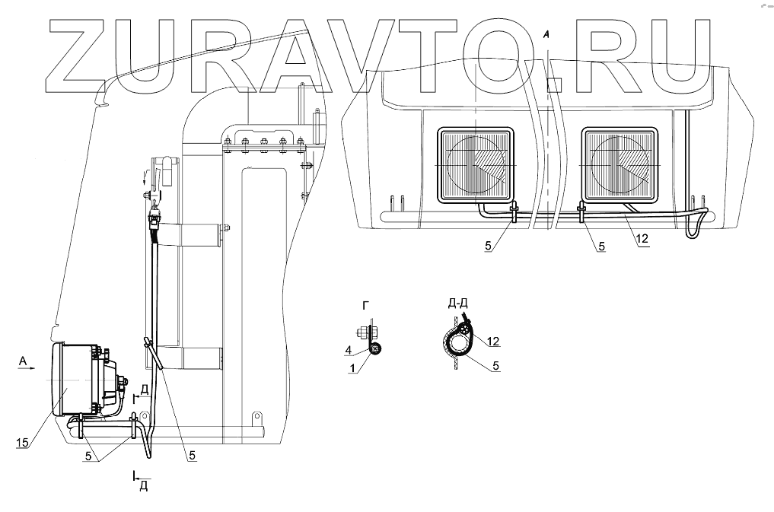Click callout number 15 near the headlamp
tap(22, 441)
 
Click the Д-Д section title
tap(457, 303)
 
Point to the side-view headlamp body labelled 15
tap(76, 380)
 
